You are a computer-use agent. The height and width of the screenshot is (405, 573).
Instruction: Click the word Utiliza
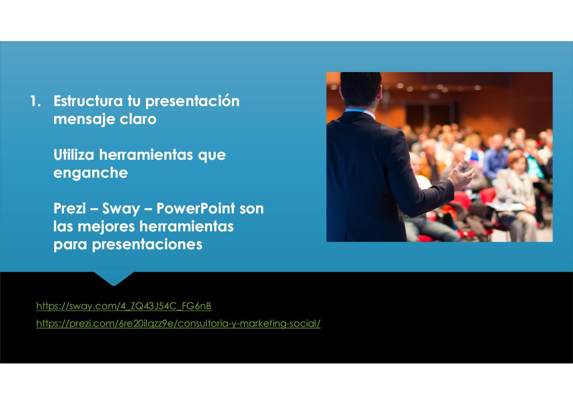pos(74,155)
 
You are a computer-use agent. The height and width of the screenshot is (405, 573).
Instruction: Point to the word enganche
pos(90,173)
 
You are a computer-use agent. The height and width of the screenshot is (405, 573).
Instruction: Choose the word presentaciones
pos(147,245)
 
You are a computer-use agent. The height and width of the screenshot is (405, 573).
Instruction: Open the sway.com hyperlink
pos(124,306)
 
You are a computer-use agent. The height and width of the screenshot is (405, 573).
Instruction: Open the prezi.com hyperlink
pos(178,324)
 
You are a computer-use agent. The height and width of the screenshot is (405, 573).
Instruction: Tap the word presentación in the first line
pos(192,101)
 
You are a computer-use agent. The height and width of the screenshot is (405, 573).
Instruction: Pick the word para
pos(70,245)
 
